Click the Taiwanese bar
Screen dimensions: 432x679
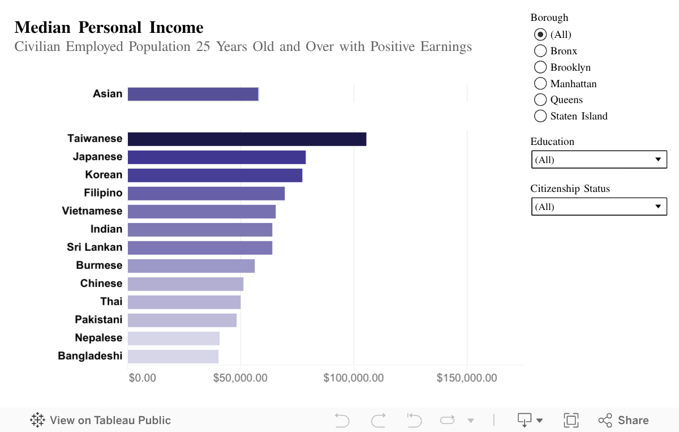pyautogui.click(x=247, y=139)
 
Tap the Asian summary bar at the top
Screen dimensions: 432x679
pyautogui.click(x=193, y=94)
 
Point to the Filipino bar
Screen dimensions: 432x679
pyautogui.click(x=206, y=194)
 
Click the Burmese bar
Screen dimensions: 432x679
pyautogui.click(x=191, y=266)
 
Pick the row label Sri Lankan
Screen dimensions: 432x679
pyautogui.click(x=94, y=247)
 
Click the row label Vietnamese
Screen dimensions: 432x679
pyautogui.click(x=92, y=211)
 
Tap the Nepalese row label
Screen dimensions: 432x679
pyautogui.click(x=98, y=338)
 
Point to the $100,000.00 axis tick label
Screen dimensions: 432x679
pyautogui.click(x=354, y=378)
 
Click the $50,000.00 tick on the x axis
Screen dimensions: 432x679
pyautogui.click(x=240, y=378)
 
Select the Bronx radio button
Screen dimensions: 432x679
pyautogui.click(x=540, y=51)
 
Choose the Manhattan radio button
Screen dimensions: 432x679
pyautogui.click(x=540, y=84)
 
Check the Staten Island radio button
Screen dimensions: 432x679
pyautogui.click(x=540, y=116)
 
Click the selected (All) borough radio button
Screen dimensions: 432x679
pyautogui.click(x=540, y=35)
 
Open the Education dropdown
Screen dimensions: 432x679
pyautogui.click(x=599, y=160)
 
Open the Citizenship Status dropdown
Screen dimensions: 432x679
pyautogui.click(x=599, y=207)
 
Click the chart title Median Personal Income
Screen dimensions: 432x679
pyautogui.click(x=109, y=27)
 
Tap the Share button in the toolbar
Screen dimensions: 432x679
pyautogui.click(x=624, y=420)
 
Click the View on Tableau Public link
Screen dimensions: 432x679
pyautogui.click(x=101, y=420)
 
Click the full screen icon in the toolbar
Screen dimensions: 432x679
pyautogui.click(x=571, y=420)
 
